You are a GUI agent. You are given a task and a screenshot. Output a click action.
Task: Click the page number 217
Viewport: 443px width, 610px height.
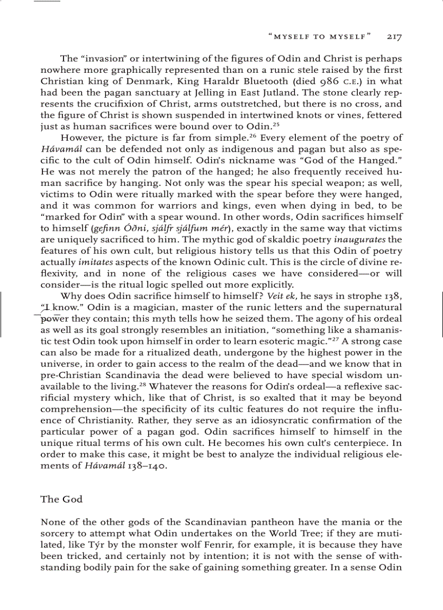394,37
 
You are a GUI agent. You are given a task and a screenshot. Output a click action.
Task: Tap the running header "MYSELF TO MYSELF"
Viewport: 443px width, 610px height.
320,37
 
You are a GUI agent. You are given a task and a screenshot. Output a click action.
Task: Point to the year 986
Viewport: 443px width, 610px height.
330,81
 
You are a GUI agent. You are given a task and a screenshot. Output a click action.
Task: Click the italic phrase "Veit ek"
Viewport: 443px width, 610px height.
282,296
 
